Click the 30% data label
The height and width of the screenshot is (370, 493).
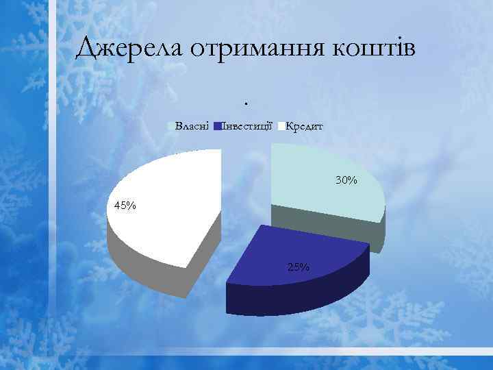click(x=346, y=180)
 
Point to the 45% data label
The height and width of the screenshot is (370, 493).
click(x=125, y=206)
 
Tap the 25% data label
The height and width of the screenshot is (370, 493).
click(x=299, y=266)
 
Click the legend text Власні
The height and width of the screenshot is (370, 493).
click(x=192, y=126)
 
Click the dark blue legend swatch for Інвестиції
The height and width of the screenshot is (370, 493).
click(x=217, y=126)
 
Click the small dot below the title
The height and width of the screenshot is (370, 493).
click(x=244, y=103)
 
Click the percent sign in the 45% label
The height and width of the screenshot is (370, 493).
click(x=131, y=206)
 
